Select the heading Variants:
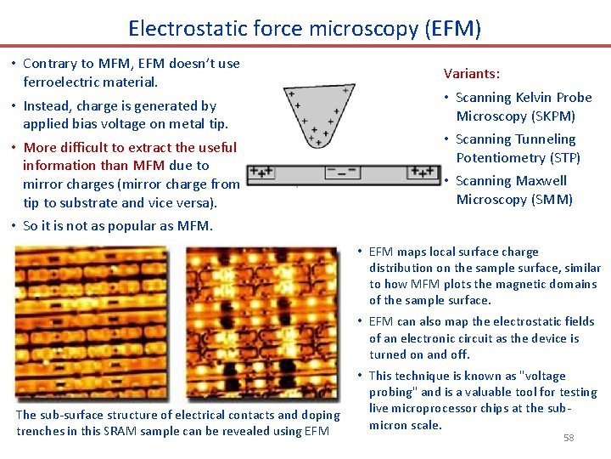(x=472, y=74)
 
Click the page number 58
(x=569, y=437)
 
